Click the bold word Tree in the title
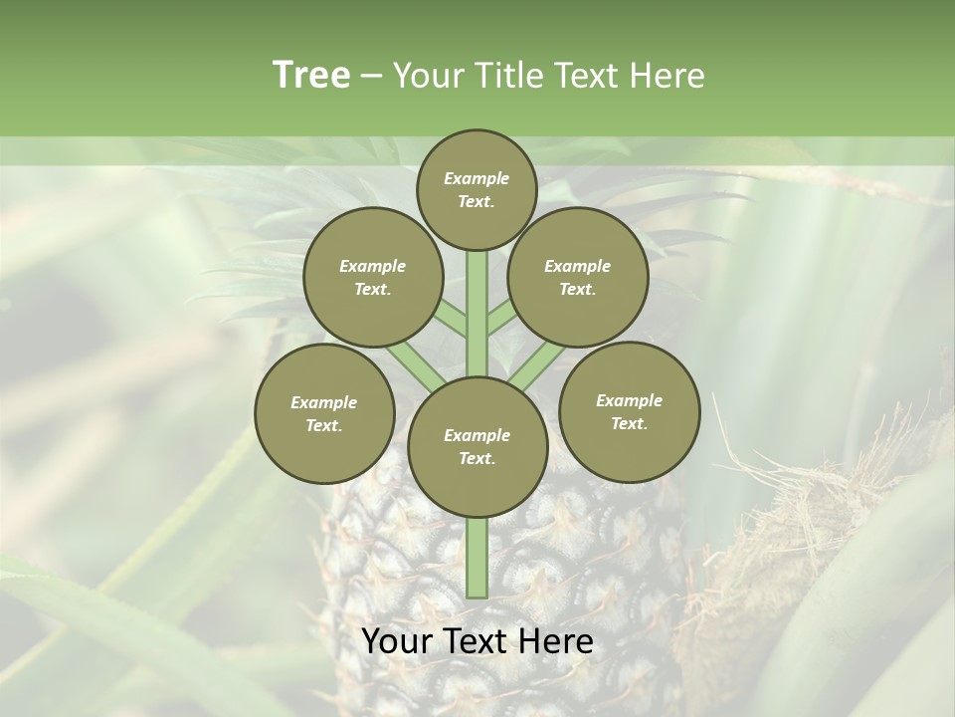pos(311,75)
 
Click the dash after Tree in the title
pos(371,76)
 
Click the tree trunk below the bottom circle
pos(477,558)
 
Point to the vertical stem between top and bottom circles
pos(477,314)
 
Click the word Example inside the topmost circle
pos(477,178)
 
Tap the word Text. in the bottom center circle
pos(477,459)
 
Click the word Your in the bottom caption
pos(397,641)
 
